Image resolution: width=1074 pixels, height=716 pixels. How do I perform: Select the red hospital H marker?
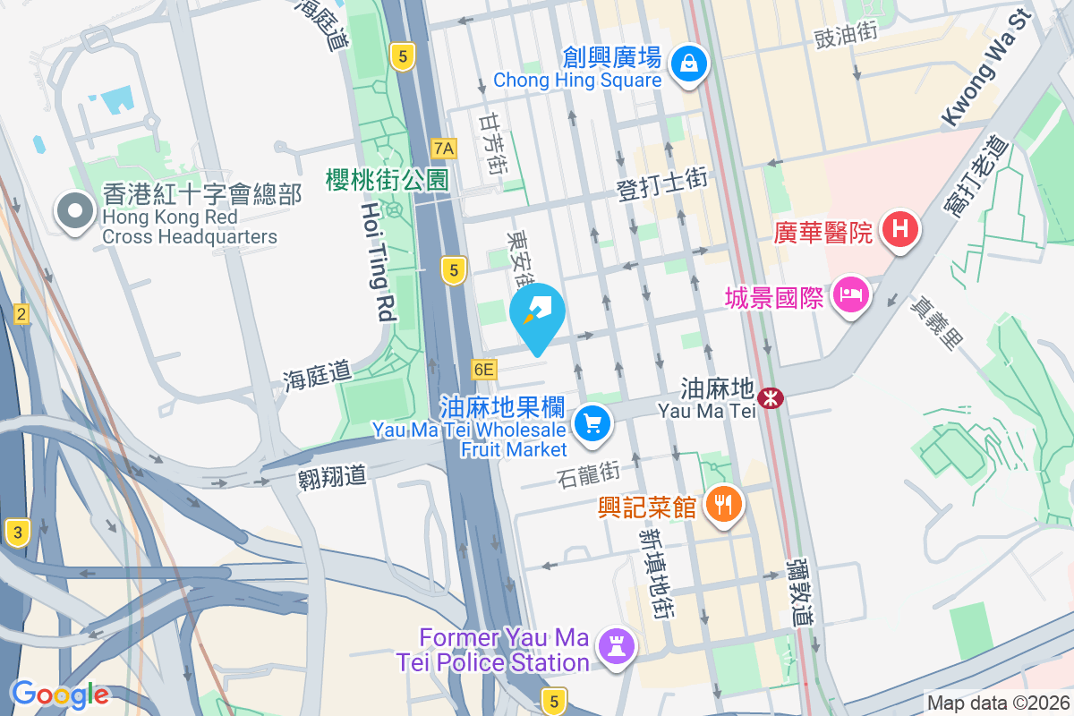[900, 229]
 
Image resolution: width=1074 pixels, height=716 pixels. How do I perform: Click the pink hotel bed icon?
[850, 294]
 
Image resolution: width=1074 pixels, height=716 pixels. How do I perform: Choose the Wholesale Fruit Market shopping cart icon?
[592, 422]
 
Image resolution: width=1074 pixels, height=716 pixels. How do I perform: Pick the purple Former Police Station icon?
[615, 644]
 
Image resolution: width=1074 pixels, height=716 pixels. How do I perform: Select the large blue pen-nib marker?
[537, 313]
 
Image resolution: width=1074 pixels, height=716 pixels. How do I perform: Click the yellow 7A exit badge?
[444, 148]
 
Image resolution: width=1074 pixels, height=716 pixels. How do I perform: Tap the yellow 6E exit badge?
[484, 369]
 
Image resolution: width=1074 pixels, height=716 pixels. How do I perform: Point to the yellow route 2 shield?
[21, 313]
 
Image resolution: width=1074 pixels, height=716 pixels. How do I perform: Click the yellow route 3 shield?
[17, 533]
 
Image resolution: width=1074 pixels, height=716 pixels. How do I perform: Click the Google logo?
[60, 695]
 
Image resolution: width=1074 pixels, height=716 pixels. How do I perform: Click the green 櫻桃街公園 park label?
[387, 179]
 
